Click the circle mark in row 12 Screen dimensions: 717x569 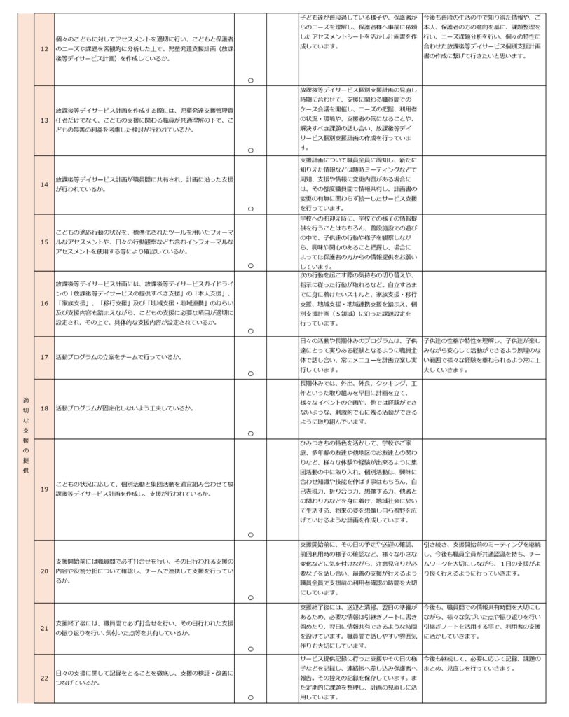(250, 80)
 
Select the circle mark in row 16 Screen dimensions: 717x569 (250, 330)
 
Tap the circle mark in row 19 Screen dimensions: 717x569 (250, 534)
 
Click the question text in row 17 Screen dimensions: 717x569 (118, 357)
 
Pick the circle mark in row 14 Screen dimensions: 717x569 (250, 209)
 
